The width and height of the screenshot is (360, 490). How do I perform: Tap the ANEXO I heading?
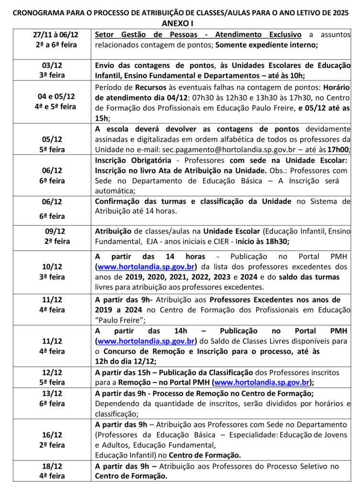click(180, 24)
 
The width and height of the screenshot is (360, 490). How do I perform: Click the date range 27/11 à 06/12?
click(56, 35)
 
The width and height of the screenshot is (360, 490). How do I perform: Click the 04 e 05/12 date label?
click(56, 97)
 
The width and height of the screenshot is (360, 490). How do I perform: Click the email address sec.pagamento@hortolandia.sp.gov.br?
click(208, 149)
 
